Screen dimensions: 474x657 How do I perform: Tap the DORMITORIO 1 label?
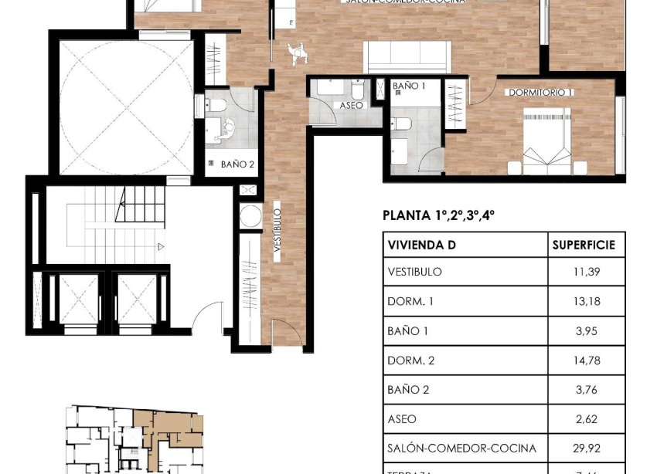[540, 93]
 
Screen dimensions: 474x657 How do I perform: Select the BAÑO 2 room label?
[237, 164]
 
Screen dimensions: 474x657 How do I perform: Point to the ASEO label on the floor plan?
[352, 105]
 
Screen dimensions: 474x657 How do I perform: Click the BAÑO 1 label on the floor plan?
[409, 86]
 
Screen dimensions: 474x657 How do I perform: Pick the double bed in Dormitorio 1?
[546, 138]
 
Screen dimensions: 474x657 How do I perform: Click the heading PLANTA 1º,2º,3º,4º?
[438, 215]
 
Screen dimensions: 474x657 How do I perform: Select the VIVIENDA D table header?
[421, 245]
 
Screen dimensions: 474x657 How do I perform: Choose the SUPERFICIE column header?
[584, 245]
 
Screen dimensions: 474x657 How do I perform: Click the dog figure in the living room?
[294, 52]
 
